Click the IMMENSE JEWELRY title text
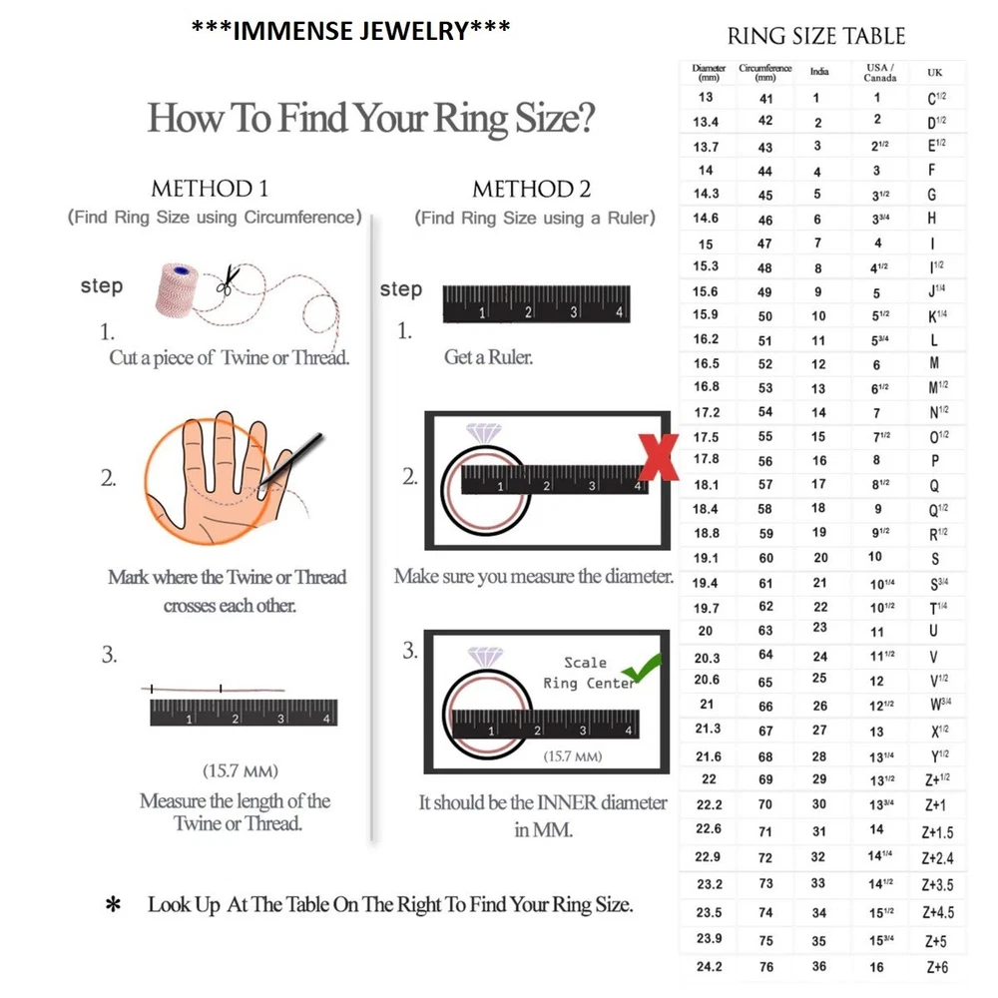click(x=350, y=31)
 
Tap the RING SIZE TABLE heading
click(x=816, y=37)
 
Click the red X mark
click(x=660, y=458)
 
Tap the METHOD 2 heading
click(x=531, y=190)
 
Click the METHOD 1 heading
click(x=209, y=189)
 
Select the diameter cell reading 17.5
click(x=706, y=437)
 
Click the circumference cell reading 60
click(x=765, y=559)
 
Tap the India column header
click(x=819, y=72)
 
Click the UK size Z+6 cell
click(x=936, y=967)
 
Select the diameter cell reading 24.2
click(x=709, y=966)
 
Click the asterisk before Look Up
click(x=114, y=906)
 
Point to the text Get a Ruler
click(x=488, y=357)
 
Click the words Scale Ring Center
click(x=587, y=673)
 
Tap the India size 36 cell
click(x=819, y=966)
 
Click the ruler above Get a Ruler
click(x=536, y=304)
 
